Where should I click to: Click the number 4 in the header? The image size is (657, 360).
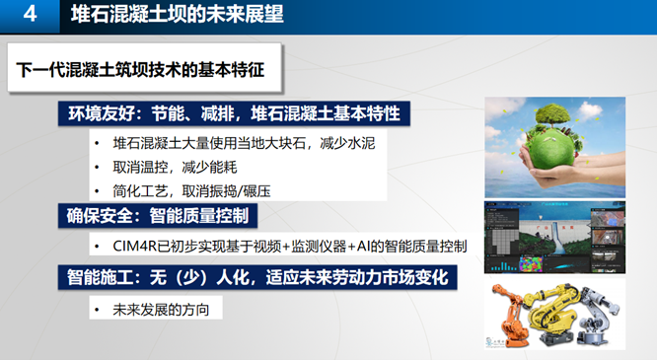tap(30, 14)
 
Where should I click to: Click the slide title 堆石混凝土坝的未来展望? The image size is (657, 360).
tap(178, 14)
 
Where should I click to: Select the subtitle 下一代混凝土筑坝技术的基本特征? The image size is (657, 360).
tap(140, 70)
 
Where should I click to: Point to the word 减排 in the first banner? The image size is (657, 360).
tap(217, 113)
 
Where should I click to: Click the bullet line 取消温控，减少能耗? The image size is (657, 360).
tap(175, 168)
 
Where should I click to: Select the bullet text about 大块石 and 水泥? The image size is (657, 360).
tap(244, 143)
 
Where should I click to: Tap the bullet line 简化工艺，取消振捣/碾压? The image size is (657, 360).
tap(191, 191)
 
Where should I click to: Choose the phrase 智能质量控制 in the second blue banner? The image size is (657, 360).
tap(199, 216)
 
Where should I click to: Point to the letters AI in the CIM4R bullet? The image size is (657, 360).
tap(362, 247)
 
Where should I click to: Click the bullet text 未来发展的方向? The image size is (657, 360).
tap(161, 310)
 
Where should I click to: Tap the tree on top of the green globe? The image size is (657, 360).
tap(552, 114)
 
